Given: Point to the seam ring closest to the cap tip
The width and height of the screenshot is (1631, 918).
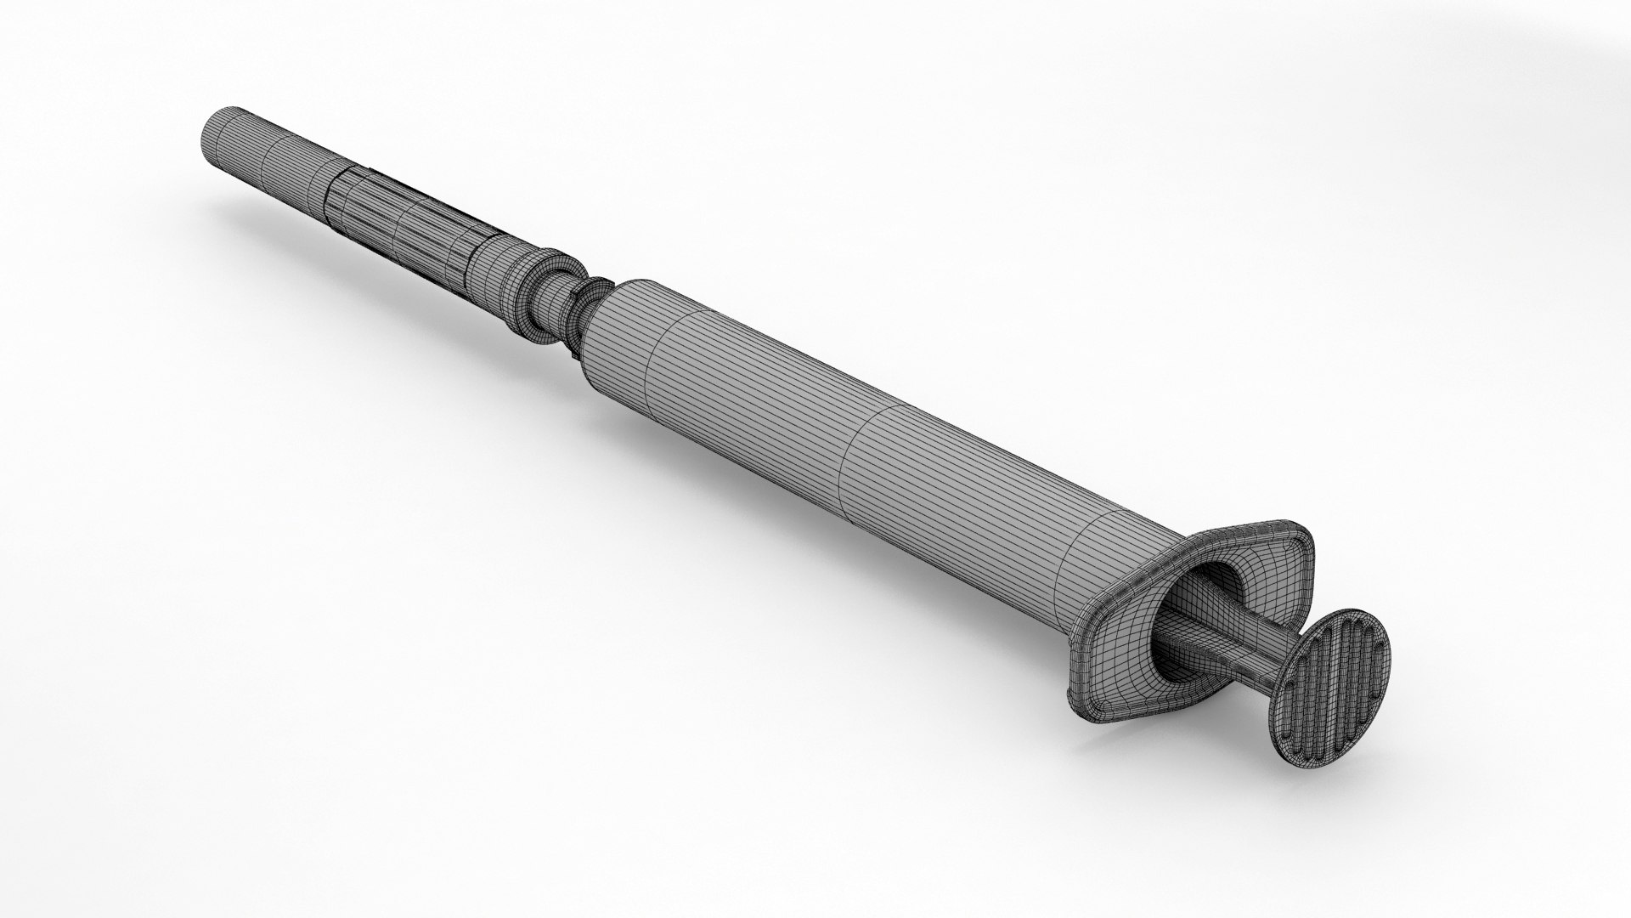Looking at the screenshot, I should [x=263, y=153].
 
